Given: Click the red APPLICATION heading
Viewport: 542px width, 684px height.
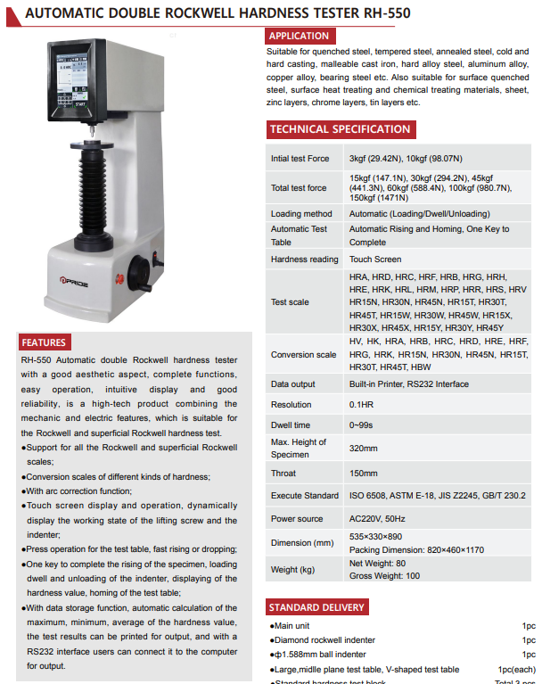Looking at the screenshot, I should click(300, 36).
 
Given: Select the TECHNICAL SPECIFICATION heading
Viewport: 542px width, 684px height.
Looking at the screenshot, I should click(340, 129).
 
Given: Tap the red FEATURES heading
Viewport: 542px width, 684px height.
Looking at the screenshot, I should click(44, 342).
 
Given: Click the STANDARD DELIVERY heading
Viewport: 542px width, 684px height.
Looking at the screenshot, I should click(317, 608).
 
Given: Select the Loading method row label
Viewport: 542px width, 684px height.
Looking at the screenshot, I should click(301, 214).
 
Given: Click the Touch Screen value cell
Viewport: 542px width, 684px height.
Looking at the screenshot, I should click(375, 260).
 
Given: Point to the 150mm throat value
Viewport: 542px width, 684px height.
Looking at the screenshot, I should click(365, 474).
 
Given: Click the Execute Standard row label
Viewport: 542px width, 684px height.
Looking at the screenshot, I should click(305, 496).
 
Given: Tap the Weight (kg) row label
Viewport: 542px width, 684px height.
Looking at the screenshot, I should click(293, 570).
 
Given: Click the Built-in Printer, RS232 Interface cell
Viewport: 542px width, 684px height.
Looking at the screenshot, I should click(409, 384).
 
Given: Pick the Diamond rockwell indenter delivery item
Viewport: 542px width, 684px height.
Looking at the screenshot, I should click(324, 640).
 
